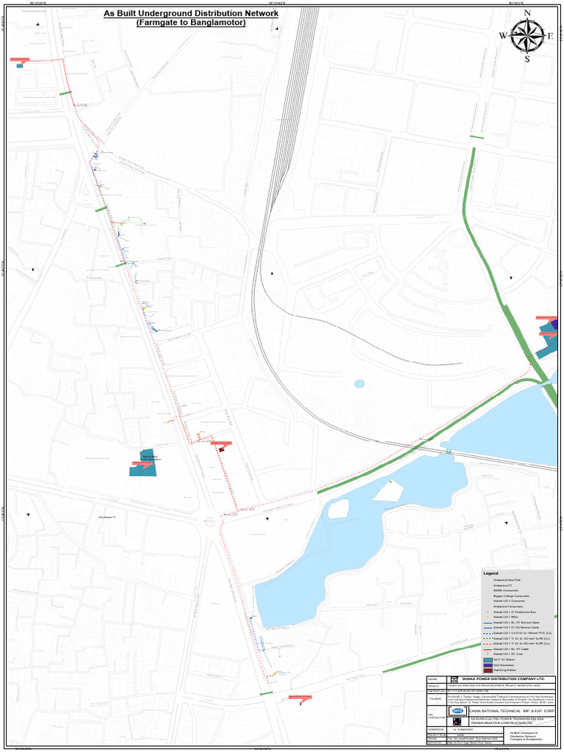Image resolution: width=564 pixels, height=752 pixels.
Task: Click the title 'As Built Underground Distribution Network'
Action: [x=191, y=13]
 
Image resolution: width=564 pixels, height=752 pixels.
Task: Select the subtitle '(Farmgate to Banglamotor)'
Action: [x=191, y=23]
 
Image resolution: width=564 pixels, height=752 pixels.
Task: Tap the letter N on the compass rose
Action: [x=527, y=13]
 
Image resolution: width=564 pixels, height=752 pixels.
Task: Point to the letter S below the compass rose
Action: [x=527, y=59]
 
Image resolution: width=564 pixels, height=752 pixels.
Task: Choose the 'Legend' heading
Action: [x=491, y=573]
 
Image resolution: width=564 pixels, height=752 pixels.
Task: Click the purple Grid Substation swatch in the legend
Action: [x=488, y=665]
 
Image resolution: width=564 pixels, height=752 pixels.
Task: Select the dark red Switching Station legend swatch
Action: [x=488, y=671]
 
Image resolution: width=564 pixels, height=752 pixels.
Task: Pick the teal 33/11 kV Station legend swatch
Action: [x=488, y=659]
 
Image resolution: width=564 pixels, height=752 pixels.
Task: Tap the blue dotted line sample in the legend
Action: [x=488, y=633]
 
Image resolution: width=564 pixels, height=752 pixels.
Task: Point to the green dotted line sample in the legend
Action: [x=488, y=638]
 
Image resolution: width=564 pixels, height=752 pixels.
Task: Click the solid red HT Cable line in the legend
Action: [x=488, y=649]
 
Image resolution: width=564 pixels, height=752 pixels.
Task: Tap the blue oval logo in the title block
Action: [x=457, y=711]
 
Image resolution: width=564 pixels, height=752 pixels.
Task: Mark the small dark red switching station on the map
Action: [x=222, y=449]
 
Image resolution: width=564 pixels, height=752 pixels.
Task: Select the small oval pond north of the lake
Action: [x=359, y=383]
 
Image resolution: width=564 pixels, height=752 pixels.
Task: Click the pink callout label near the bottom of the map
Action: [x=292, y=698]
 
